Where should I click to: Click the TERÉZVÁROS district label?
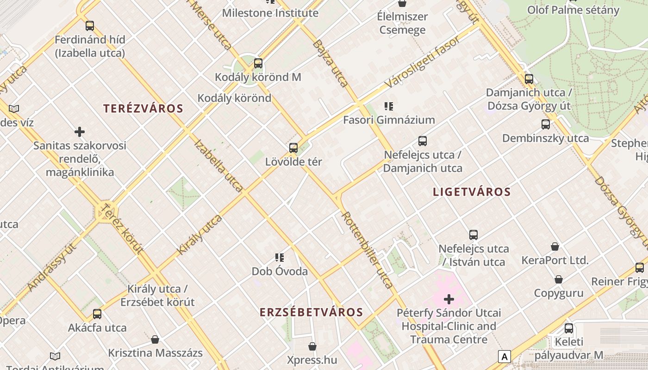coord(143,109)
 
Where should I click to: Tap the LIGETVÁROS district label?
coord(472,192)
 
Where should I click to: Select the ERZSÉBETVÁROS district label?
coord(311,312)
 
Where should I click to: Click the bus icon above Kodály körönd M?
coord(258,63)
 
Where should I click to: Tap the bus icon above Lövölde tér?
coord(293,148)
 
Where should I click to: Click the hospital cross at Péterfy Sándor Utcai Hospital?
coord(449,299)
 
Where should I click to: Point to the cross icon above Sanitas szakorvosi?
coord(80,132)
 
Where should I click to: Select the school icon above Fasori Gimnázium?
coord(389,106)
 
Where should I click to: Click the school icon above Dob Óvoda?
coord(280,257)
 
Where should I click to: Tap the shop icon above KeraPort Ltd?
coord(555,247)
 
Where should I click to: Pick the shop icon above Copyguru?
coord(559,279)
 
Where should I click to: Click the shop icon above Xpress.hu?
coord(312,346)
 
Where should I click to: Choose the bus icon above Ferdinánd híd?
coord(90,26)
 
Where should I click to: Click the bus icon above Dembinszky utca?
coord(546,124)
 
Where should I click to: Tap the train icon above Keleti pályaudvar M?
coord(569,329)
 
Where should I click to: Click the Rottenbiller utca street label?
coord(368,250)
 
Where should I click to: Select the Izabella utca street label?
coord(218,166)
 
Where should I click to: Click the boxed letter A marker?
coord(504,357)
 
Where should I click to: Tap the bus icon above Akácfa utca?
coord(97,314)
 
